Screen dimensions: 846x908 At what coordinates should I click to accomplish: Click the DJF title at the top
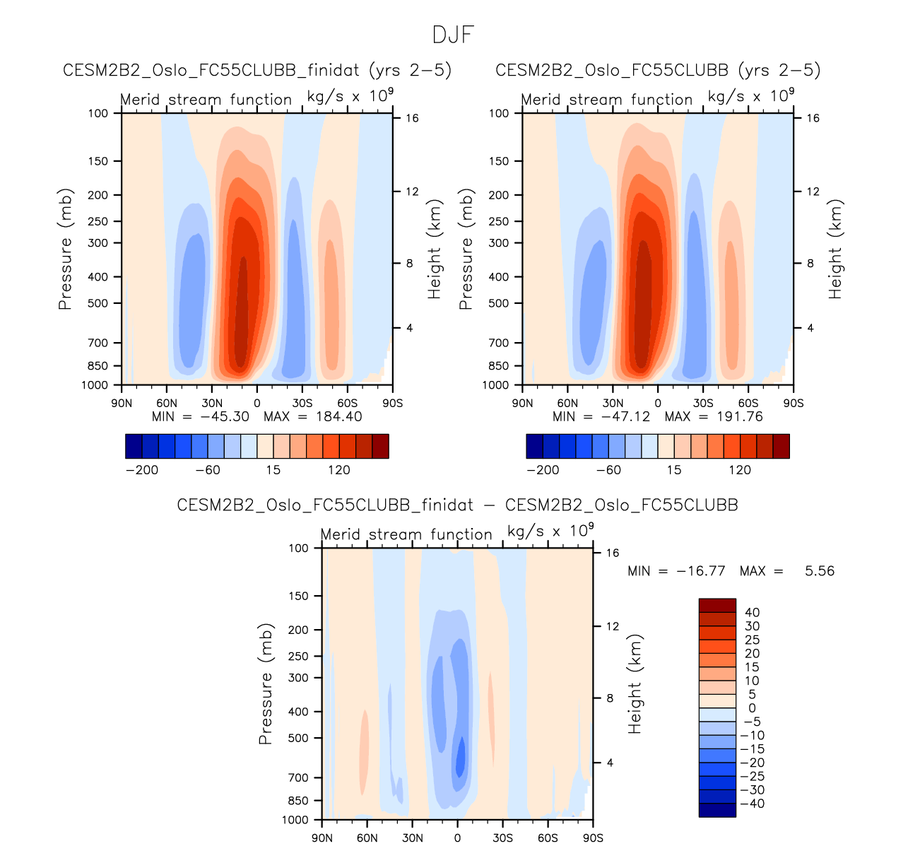454,34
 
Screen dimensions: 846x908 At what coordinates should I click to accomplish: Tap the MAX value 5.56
819,570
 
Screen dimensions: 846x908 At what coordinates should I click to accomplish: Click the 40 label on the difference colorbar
752,612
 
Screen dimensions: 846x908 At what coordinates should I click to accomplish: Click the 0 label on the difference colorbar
752,708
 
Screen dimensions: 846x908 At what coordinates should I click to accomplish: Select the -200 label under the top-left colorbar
142,470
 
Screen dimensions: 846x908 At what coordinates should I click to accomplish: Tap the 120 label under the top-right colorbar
740,470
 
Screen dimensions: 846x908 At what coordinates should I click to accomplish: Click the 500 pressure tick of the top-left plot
98,303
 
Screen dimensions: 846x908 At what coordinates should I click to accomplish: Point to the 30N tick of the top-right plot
613,403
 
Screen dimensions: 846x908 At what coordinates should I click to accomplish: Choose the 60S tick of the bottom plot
548,838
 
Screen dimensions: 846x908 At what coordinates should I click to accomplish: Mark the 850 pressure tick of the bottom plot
299,801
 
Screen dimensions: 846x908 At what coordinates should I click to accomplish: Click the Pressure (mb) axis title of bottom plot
266,684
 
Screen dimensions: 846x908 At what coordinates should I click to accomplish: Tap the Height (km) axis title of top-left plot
435,249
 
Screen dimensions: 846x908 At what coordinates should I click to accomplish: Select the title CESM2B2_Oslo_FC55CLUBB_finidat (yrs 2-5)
257,70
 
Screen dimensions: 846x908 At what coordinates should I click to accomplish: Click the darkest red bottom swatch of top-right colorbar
781,446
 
